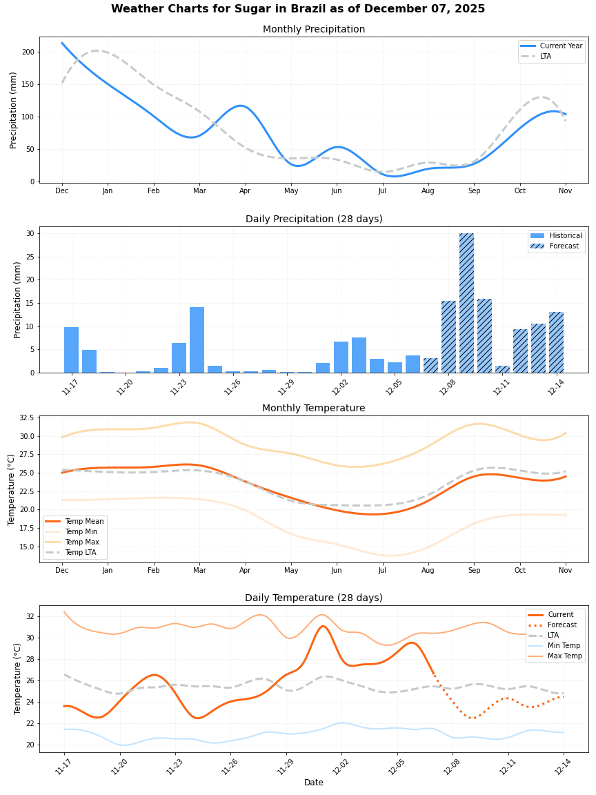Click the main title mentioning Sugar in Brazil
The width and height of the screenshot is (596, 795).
[x=298, y=9]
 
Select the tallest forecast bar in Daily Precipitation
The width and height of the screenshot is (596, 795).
[x=466, y=303]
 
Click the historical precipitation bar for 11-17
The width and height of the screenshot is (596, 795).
[x=71, y=350]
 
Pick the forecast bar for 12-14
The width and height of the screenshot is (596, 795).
[x=556, y=342]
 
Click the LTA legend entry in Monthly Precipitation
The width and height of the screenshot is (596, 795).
[x=551, y=56]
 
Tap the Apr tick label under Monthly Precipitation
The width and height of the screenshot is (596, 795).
[x=245, y=191]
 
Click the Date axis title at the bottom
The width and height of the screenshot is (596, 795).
[x=314, y=783]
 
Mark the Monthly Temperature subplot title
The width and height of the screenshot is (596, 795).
[x=314, y=409]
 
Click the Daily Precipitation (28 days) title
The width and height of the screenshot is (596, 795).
[x=314, y=219]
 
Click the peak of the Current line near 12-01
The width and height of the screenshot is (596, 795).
[x=323, y=626]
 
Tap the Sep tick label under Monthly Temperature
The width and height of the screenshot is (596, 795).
[x=474, y=571]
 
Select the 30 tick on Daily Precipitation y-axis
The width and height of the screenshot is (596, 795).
[x=30, y=233]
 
